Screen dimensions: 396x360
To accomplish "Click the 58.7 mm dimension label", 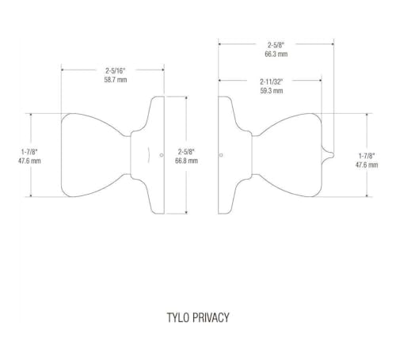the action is pyautogui.click(x=116, y=80).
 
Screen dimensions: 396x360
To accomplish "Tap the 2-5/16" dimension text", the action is pyautogui.click(x=116, y=70).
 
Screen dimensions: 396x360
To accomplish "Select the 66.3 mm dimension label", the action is pyautogui.click(x=276, y=54).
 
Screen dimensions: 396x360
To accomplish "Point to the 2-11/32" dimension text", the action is pyautogui.click(x=272, y=81).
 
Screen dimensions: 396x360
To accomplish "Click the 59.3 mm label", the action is pyautogui.click(x=272, y=91).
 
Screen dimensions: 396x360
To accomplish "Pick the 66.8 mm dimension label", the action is pyautogui.click(x=186, y=161).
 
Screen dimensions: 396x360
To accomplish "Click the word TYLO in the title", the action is pyautogui.click(x=178, y=317).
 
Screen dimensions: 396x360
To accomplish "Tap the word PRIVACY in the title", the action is pyautogui.click(x=211, y=317).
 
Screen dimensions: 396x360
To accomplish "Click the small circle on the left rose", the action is pyautogui.click(x=162, y=155).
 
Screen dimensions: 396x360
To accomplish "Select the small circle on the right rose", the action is pyautogui.click(x=221, y=155).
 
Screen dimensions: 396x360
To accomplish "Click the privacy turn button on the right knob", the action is pyautogui.click(x=328, y=155).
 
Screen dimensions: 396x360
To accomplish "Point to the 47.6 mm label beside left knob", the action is pyautogui.click(x=29, y=161).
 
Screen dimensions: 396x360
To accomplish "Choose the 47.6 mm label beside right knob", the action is pyautogui.click(x=367, y=165).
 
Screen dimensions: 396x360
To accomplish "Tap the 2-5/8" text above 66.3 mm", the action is pyautogui.click(x=276, y=45).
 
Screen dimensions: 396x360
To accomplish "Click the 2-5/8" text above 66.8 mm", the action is pyautogui.click(x=186, y=152).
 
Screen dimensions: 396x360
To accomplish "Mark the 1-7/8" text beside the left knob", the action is pyautogui.click(x=29, y=152).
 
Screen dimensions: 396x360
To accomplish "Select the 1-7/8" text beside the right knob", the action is pyautogui.click(x=367, y=156).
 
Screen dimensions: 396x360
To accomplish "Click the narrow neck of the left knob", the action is pyautogui.click(x=127, y=155).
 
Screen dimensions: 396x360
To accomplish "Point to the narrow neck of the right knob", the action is pyautogui.click(x=256, y=155).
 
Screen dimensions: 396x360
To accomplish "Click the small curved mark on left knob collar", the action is pyautogui.click(x=149, y=155).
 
